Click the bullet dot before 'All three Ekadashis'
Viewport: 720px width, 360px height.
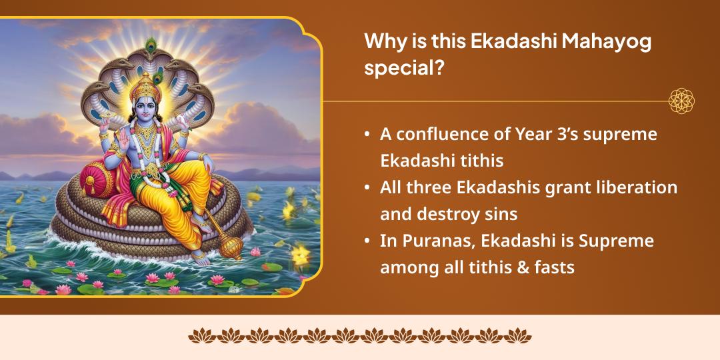pyautogui.click(x=367, y=188)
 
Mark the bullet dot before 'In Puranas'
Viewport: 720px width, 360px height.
pyautogui.click(x=367, y=241)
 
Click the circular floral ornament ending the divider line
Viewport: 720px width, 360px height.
pyautogui.click(x=681, y=101)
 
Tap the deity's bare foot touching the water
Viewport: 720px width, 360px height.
pyautogui.click(x=197, y=254)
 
